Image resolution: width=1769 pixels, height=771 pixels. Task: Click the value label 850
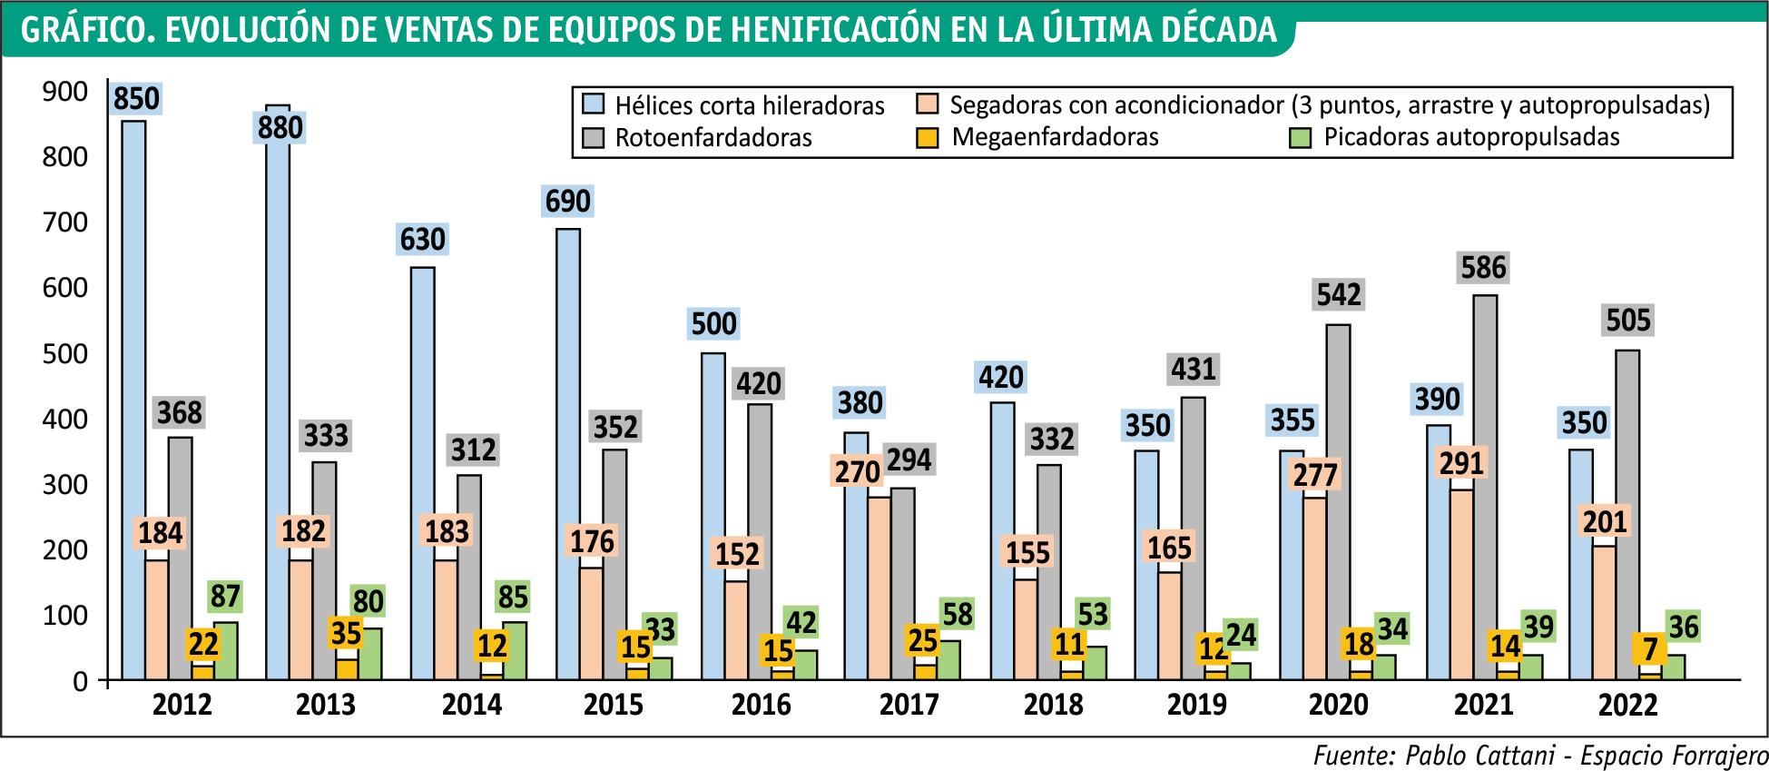pyautogui.click(x=136, y=98)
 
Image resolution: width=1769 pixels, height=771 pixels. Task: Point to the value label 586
pyautogui.click(x=1484, y=268)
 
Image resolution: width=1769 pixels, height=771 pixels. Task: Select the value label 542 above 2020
pyautogui.click(x=1339, y=295)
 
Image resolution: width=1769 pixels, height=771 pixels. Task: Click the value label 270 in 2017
pyautogui.click(x=858, y=471)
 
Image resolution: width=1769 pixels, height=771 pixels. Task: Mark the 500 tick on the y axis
pyautogui.click(x=65, y=353)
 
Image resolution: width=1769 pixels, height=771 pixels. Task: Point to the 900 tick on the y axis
pyautogui.click(x=65, y=92)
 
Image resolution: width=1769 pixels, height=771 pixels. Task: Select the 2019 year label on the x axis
pyautogui.click(x=1197, y=705)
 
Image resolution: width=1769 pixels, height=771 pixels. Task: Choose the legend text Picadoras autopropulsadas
pyautogui.click(x=1471, y=138)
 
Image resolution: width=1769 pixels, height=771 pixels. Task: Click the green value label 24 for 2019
pyautogui.click(x=1239, y=635)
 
